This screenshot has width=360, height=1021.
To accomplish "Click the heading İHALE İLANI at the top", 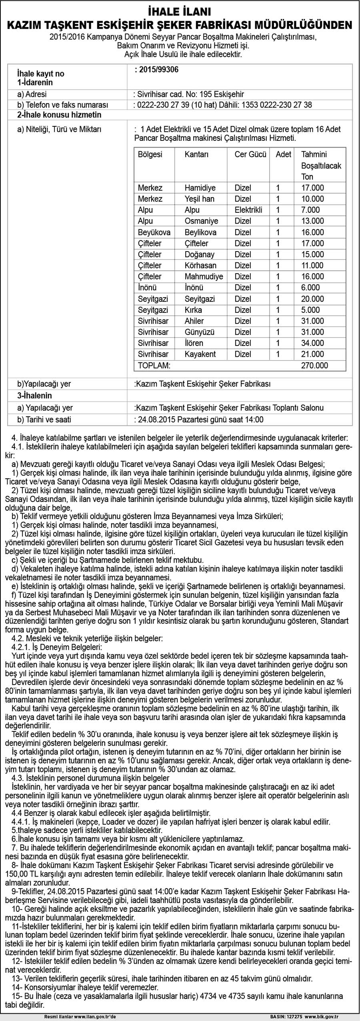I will pyautogui.click(x=180, y=11).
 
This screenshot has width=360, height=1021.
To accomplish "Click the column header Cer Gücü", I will pyautogui.click(x=250, y=154).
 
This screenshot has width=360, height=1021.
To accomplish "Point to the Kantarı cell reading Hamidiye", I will pyautogui.click(x=200, y=188).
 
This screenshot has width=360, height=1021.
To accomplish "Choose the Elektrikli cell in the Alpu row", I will pyautogui.click(x=248, y=210).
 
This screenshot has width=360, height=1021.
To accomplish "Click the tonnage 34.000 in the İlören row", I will pyautogui.click(x=312, y=343).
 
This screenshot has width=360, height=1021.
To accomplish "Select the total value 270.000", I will pyautogui.click(x=314, y=365).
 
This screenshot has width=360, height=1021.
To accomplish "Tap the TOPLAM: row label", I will pyautogui.click(x=154, y=365).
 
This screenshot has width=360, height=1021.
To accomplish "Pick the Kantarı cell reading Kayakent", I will pyautogui.click(x=200, y=354).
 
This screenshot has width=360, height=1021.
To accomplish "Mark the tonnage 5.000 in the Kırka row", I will pyautogui.click(x=310, y=310).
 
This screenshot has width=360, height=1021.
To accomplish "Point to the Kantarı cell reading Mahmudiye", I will pyautogui.click(x=204, y=277).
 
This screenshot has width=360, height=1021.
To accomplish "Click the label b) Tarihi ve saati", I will pyautogui.click(x=44, y=420).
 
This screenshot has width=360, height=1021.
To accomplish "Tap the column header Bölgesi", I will pyautogui.click(x=150, y=154).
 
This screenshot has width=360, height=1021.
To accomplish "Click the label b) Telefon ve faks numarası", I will pyautogui.click(x=62, y=105).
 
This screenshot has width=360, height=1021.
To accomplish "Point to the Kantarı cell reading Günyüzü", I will pyautogui.click(x=200, y=332).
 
